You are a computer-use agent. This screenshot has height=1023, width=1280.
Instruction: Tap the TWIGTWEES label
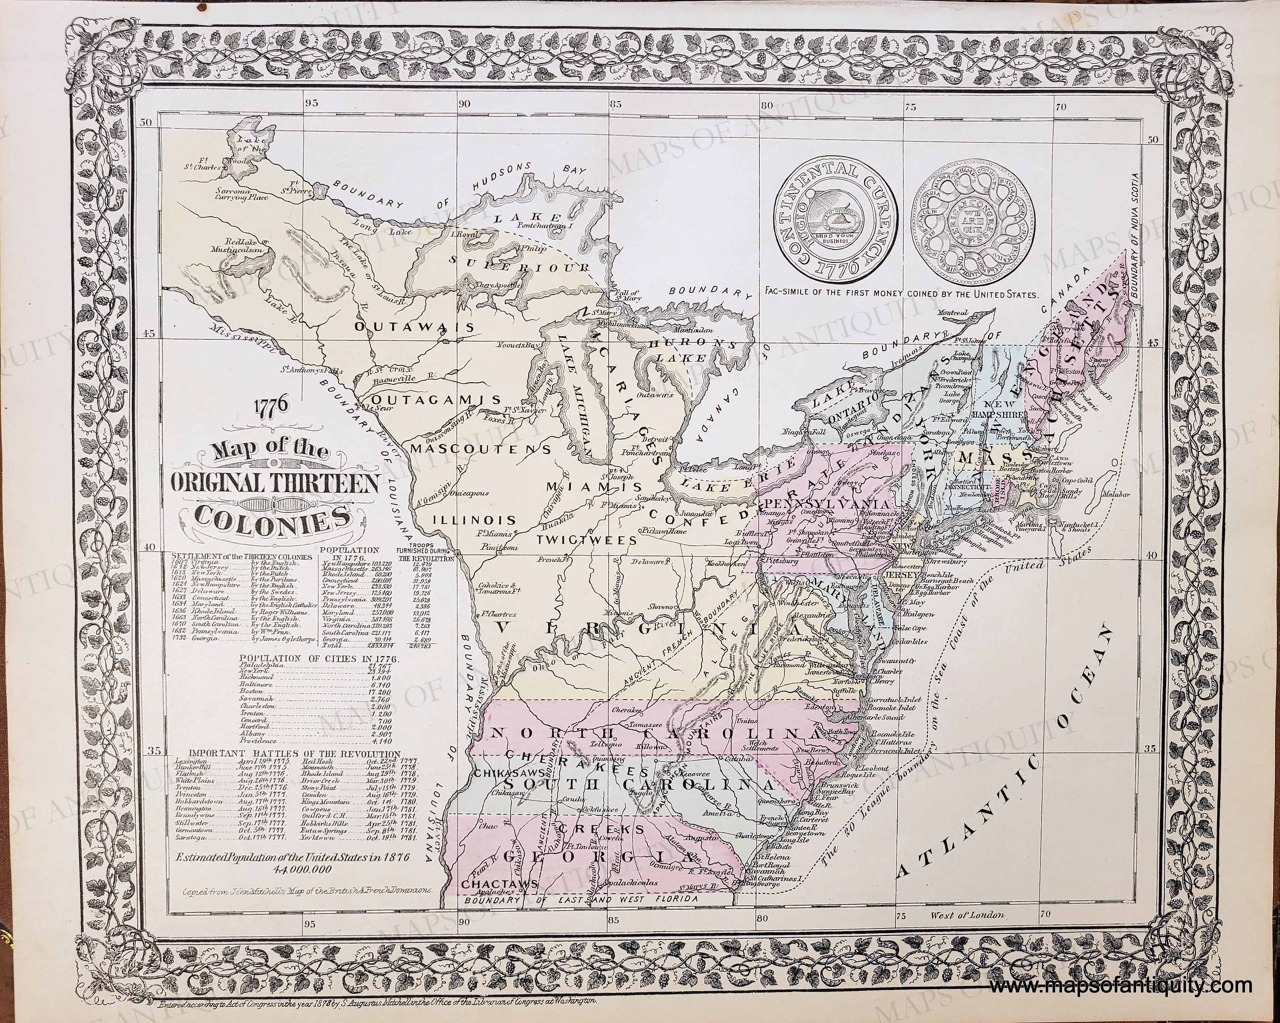pos(587,540)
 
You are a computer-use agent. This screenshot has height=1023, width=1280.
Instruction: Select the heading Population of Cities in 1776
pos(319,659)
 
